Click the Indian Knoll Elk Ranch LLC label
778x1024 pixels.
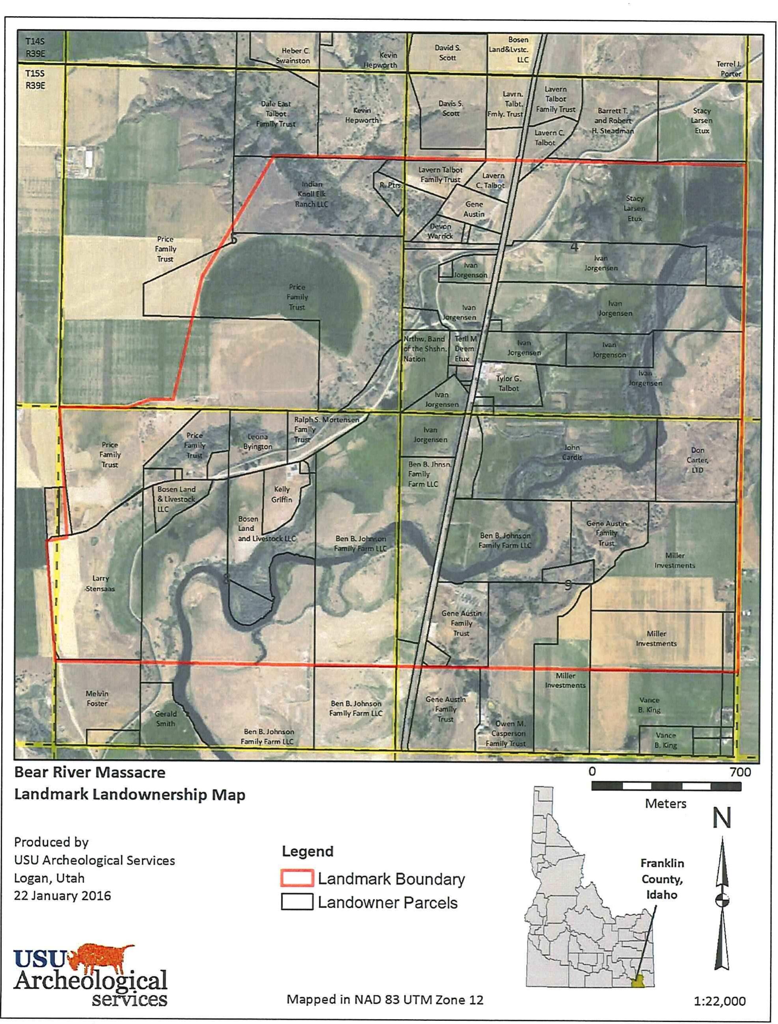[x=312, y=194]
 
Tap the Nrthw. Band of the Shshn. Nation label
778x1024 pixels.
[x=424, y=349]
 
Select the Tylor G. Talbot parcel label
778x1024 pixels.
[x=508, y=383]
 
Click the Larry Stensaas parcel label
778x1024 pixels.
[x=100, y=584]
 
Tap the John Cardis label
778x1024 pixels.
[x=571, y=452]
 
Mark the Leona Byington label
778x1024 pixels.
[x=257, y=441]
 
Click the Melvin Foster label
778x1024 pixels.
[x=97, y=698]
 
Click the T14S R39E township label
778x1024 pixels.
[x=35, y=47]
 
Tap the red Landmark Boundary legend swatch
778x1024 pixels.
[x=296, y=878]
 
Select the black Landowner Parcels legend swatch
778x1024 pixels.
[x=296, y=902]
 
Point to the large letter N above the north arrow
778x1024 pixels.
[x=721, y=818]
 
